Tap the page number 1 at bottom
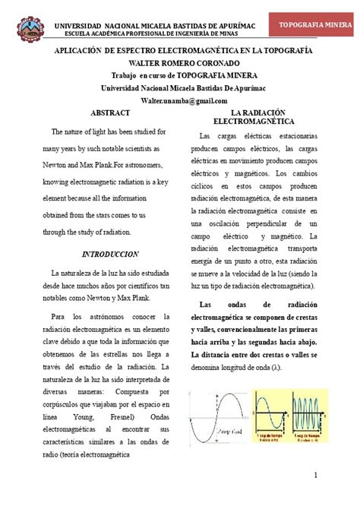(x=336, y=475)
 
